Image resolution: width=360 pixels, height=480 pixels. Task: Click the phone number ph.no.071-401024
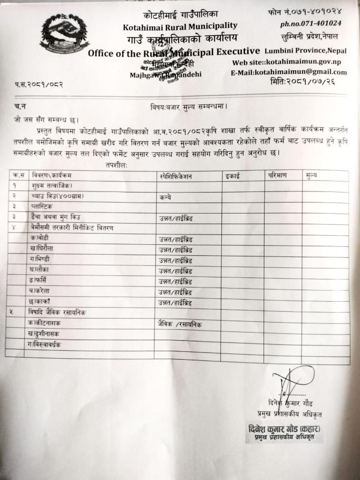click(310, 23)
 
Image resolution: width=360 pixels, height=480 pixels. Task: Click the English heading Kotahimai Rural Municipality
click(180, 25)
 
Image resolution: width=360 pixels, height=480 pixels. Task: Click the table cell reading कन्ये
click(166, 197)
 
